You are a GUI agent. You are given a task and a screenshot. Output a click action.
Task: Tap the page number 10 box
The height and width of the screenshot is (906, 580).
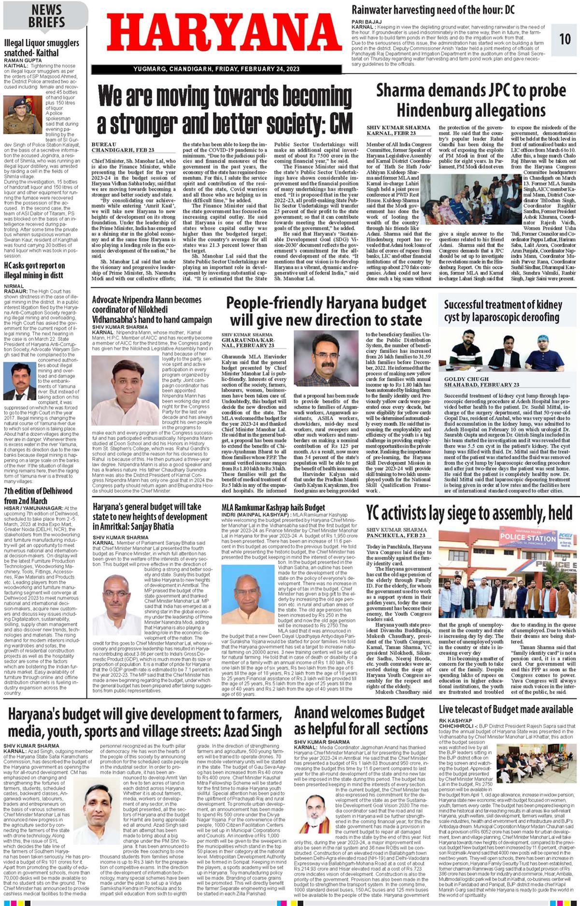pos(565,39)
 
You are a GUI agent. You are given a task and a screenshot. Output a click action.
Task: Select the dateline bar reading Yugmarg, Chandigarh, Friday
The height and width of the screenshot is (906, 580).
pos(216,69)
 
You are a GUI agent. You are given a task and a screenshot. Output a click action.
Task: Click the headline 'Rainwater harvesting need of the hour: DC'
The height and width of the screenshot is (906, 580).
pos(433,10)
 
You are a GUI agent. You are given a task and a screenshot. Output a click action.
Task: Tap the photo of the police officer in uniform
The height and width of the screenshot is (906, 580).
pos(22,115)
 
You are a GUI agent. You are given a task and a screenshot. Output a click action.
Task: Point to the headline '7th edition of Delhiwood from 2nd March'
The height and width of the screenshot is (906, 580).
pos(38,496)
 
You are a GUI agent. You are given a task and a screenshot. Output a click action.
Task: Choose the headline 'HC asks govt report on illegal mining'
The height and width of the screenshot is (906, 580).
pos(34,270)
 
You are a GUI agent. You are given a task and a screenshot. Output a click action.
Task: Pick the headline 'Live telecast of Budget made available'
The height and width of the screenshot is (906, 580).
pos(506,710)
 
